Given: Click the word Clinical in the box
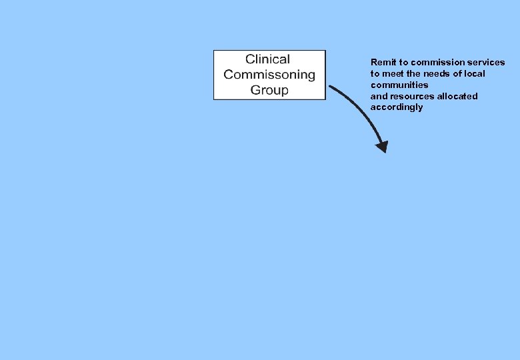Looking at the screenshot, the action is coord(267,59).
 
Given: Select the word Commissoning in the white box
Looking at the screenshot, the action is coord(269,75).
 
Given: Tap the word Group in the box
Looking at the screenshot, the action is coord(269,90).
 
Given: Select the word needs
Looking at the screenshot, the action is coord(436,74).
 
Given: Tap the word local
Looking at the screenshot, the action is coord(474,74).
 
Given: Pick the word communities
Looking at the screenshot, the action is coord(399,85).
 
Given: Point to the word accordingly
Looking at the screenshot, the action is coord(397,107).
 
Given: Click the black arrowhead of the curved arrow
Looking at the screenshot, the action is coord(381,147).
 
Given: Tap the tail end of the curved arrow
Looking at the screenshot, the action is coord(331,87).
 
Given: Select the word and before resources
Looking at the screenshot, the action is coord(378,97).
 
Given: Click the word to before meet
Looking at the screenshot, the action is coord(375,74).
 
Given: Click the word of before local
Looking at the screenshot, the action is coord(457,74).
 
